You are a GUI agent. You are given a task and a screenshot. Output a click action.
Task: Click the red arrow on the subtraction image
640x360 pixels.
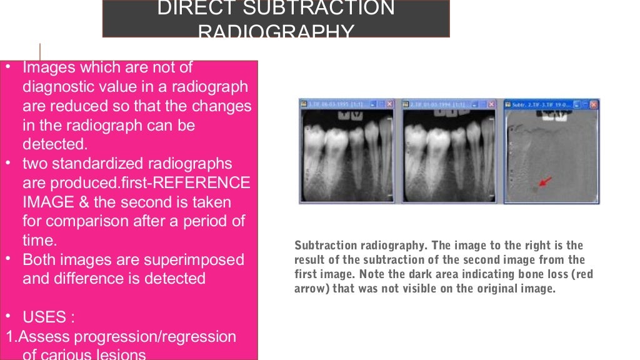point(544,182)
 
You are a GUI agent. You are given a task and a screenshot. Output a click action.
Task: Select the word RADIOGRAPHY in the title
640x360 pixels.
point(276,32)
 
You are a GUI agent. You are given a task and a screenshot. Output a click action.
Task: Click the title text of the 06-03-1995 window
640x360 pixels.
point(331,104)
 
